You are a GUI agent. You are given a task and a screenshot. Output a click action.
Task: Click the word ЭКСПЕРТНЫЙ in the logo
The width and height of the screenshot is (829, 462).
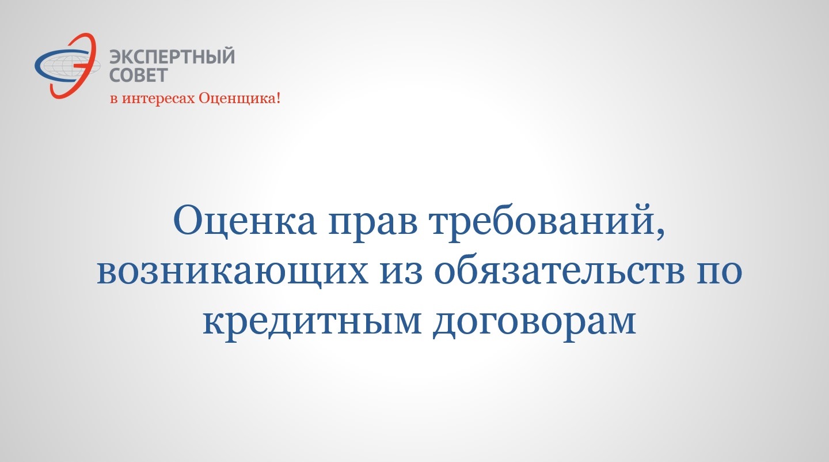(x=172, y=56)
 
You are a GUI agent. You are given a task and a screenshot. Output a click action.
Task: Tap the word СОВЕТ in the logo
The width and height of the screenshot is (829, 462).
(x=139, y=75)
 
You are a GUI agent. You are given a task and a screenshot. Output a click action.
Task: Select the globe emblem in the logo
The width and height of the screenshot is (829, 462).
(x=68, y=66)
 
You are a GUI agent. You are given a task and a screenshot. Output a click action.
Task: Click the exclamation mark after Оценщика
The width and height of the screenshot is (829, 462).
(x=277, y=98)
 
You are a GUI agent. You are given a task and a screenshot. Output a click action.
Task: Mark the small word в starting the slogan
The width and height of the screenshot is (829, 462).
(x=114, y=99)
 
